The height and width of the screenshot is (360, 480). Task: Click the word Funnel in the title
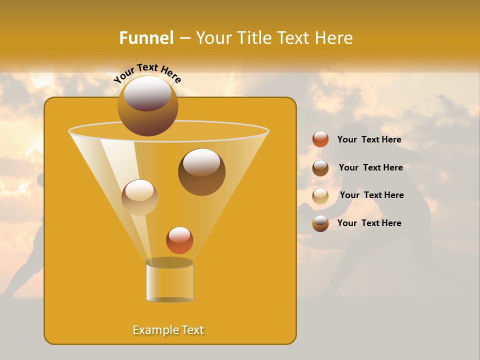click(x=146, y=38)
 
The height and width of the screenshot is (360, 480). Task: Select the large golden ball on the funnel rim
click(x=147, y=105)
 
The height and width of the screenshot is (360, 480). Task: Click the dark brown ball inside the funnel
click(x=201, y=172)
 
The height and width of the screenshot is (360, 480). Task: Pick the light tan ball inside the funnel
click(x=139, y=197)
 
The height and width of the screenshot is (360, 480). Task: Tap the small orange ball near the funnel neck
click(x=179, y=240)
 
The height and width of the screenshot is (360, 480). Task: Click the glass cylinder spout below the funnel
click(x=169, y=282)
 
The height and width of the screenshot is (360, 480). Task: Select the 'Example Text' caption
click(x=168, y=330)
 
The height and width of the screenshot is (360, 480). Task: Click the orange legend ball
click(x=320, y=139)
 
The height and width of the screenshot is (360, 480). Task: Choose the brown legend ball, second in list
click(x=320, y=167)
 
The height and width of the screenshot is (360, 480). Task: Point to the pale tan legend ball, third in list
click(x=320, y=195)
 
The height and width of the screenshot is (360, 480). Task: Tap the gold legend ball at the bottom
click(x=320, y=223)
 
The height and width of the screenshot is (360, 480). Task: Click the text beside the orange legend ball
click(x=369, y=139)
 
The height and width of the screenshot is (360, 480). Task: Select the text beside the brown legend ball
click(x=370, y=167)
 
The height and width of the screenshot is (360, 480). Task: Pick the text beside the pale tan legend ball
click(x=371, y=195)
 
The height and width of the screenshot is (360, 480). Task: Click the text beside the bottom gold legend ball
click(x=369, y=223)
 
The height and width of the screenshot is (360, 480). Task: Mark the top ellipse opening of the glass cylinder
click(x=169, y=262)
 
